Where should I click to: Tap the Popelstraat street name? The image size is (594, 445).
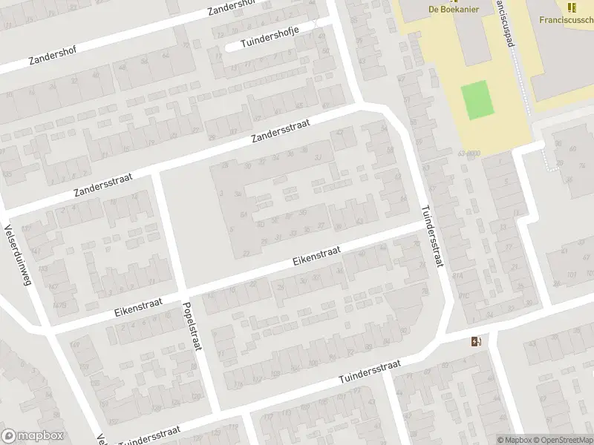[x=191, y=326]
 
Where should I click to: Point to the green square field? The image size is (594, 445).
[x=477, y=100]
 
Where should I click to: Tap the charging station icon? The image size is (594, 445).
[x=476, y=341]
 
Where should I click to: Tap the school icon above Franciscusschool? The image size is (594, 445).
[x=571, y=7]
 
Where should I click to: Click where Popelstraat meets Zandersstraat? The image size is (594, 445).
[x=157, y=174]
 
